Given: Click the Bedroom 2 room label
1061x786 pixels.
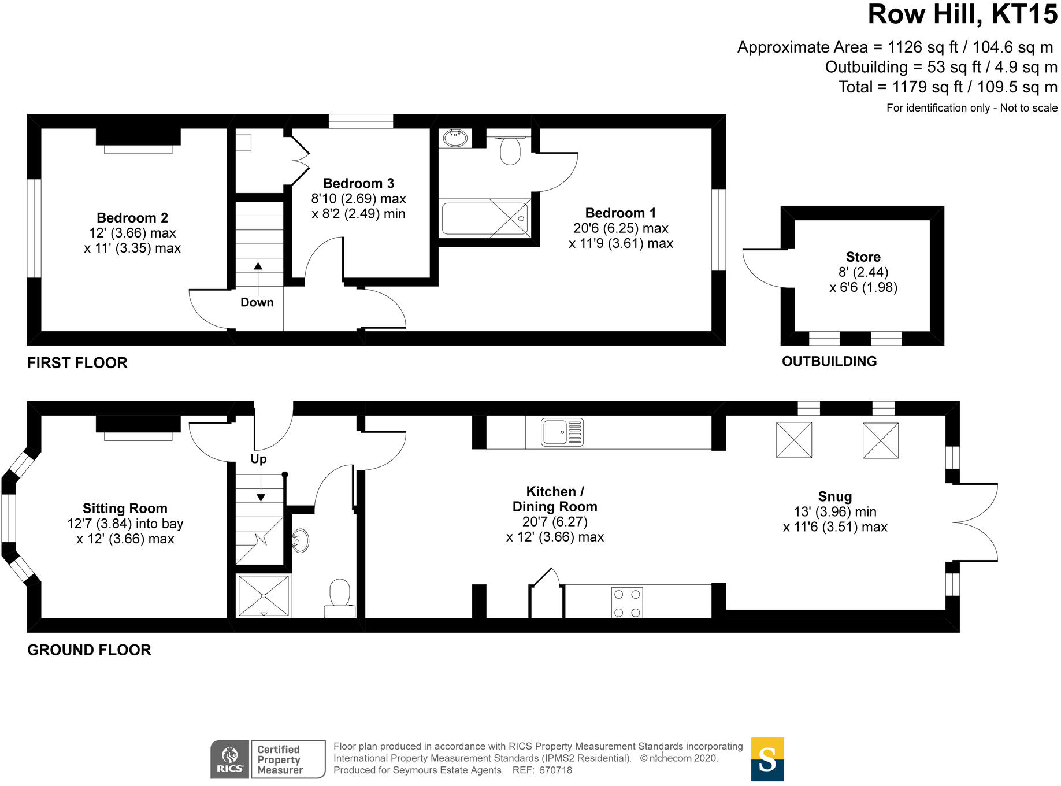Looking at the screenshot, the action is (x=132, y=218).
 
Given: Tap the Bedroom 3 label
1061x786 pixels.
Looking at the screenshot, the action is (x=358, y=183).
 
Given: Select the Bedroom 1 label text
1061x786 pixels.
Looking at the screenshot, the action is (x=620, y=213).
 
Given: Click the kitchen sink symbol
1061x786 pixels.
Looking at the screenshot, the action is (x=562, y=432).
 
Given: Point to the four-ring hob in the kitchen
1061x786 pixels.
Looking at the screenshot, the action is (x=627, y=603).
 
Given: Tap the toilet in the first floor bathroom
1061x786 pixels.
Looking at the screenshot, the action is (x=510, y=150).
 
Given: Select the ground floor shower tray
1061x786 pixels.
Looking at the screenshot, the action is (x=264, y=596).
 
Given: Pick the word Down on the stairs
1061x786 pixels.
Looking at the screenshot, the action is (x=257, y=302).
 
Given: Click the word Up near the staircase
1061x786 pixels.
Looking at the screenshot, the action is (x=258, y=459).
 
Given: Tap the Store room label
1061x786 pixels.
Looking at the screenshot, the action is (x=863, y=257).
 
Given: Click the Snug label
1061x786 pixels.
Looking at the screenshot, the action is (x=834, y=496).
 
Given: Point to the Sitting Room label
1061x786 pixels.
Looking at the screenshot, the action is (x=125, y=509).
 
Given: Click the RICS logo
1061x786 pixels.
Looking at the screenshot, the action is (x=230, y=759).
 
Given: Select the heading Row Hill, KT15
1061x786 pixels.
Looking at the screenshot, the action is (x=962, y=14).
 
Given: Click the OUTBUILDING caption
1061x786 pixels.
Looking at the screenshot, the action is (x=829, y=361).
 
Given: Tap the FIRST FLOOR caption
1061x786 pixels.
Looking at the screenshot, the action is (x=77, y=363).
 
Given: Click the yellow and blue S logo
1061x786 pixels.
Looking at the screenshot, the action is (x=767, y=759).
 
